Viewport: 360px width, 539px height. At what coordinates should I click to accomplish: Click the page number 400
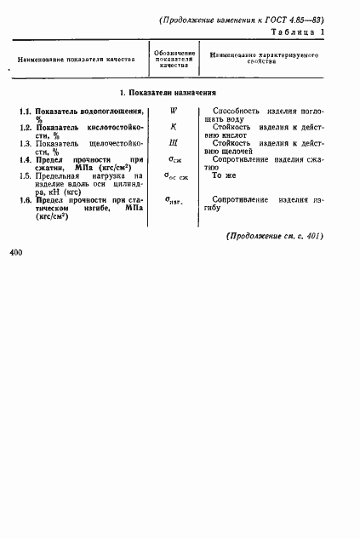[x=17, y=253]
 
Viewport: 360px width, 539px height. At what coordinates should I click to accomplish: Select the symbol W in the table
[x=173, y=111]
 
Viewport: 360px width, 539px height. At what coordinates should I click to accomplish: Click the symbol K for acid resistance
[x=173, y=127]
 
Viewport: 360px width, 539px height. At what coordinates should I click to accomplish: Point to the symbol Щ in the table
[x=173, y=143]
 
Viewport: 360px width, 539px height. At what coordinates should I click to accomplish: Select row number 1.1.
[x=26, y=112]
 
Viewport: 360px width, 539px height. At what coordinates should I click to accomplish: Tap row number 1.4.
[x=26, y=159]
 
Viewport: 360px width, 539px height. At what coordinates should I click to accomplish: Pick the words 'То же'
[x=223, y=175]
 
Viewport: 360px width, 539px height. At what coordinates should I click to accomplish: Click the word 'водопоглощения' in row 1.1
[x=106, y=112]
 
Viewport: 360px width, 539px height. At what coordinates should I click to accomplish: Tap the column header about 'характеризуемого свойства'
[x=263, y=59]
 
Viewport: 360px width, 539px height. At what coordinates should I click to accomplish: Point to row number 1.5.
[x=26, y=175]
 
